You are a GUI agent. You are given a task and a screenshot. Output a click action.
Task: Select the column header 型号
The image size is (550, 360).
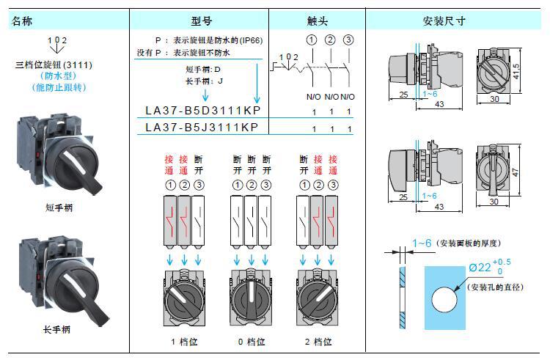[199, 21]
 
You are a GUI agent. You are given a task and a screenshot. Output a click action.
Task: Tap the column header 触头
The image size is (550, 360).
[317, 21]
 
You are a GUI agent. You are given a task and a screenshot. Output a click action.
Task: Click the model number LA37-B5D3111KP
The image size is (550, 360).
[202, 111]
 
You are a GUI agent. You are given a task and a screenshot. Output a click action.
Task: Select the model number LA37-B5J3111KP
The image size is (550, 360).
[202, 128]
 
